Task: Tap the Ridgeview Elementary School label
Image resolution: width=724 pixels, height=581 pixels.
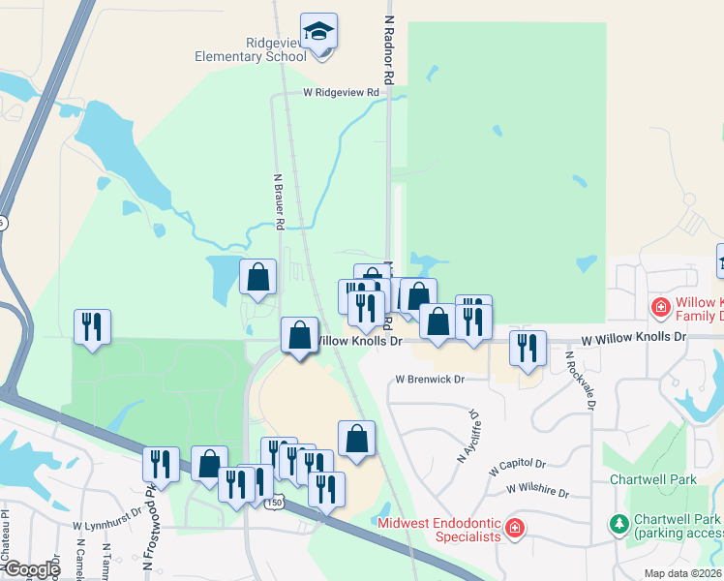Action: [251, 50]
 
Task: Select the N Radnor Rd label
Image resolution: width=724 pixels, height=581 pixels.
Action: [389, 48]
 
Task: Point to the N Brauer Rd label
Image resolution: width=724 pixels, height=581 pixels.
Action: [279, 201]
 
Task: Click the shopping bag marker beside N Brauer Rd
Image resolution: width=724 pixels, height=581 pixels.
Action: [257, 278]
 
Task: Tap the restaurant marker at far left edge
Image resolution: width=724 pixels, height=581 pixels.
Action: [92, 327]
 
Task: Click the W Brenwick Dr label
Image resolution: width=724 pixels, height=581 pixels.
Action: [430, 380]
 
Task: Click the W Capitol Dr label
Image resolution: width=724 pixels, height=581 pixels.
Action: [517, 466]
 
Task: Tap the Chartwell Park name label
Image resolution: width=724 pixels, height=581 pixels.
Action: [653, 479]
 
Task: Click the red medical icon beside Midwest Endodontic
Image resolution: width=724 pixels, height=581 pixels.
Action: [515, 529]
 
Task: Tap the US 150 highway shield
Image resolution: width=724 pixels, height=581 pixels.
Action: [276, 502]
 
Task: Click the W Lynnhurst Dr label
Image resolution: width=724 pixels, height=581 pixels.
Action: [106, 525]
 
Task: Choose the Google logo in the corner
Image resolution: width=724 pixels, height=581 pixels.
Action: [31, 569]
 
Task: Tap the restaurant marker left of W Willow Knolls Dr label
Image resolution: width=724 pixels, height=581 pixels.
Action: [526, 349]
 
